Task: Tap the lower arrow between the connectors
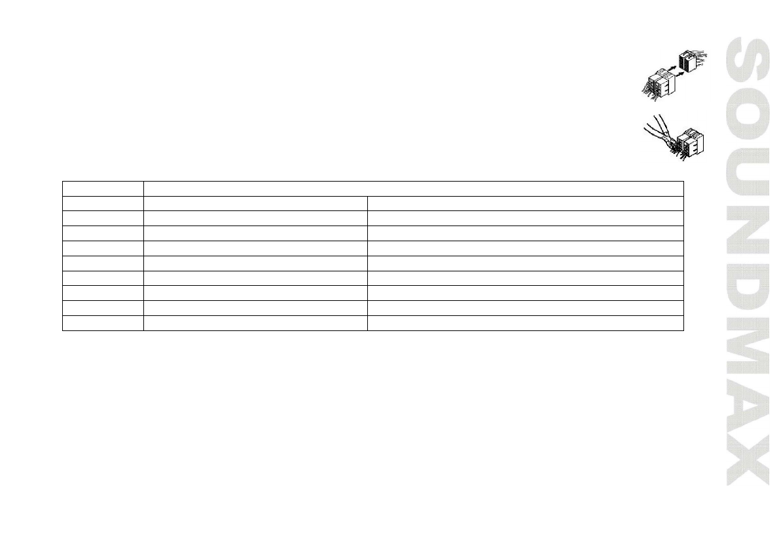coord(679,74)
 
